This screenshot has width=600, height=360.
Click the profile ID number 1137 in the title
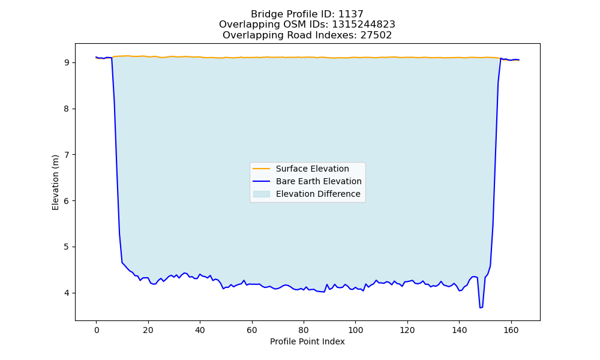[350, 14]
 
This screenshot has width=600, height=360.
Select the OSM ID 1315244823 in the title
[364, 25]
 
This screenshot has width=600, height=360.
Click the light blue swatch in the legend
[262, 194]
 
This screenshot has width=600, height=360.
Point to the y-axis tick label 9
[67, 63]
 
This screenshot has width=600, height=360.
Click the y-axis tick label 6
[67, 201]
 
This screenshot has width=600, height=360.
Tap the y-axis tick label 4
[67, 293]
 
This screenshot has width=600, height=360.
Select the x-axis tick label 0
[97, 330]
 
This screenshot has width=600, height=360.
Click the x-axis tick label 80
[304, 330]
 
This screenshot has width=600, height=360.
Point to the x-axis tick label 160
[511, 330]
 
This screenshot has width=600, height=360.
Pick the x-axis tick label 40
[200, 330]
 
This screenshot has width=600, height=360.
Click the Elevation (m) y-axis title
[55, 182]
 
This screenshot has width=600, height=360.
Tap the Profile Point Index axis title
[307, 341]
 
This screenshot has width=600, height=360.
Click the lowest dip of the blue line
[480, 308]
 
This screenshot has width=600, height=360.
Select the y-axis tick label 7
[67, 155]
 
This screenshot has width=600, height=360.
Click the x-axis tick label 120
[407, 330]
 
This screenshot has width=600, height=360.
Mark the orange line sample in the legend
[262, 169]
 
